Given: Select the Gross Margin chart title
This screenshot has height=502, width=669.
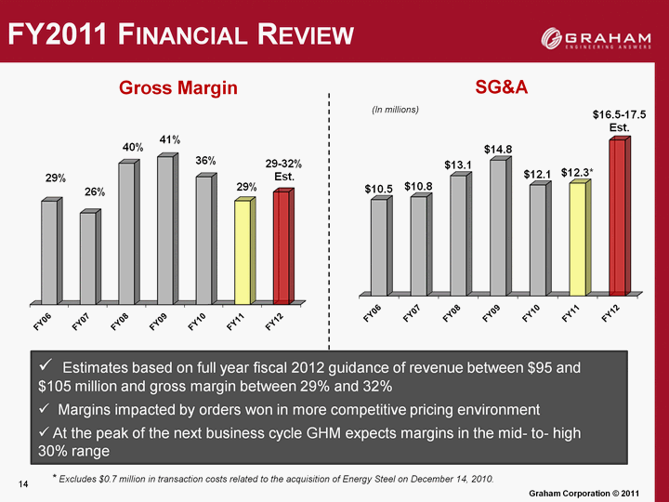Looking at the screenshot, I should point(178,87).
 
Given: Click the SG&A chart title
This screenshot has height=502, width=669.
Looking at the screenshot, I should point(502,87).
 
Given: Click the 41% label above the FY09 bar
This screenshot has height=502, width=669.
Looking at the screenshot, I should point(168,139).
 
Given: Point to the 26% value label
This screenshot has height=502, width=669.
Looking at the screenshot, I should point(95,192).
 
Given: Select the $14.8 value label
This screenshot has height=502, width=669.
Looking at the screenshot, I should point(498,149).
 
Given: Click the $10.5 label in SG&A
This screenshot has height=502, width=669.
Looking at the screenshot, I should point(378,189).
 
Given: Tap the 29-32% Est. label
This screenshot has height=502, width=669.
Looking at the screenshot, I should point(283,170).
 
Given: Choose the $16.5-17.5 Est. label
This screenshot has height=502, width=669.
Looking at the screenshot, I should point(619,120).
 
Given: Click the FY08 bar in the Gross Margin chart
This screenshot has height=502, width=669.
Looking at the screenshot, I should point(126,233).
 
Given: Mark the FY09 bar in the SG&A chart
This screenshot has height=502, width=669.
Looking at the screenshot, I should point(497,227).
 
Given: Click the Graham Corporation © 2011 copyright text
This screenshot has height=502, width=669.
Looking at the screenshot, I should point(596,490).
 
